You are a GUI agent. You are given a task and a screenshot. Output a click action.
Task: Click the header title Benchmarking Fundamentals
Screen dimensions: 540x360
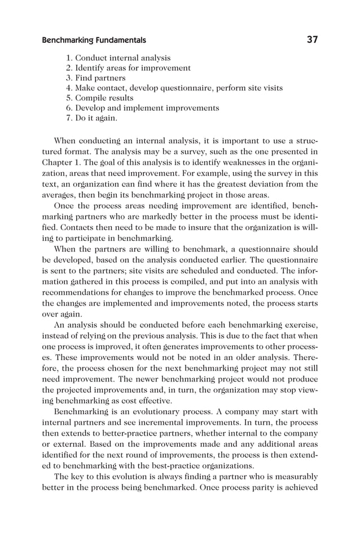(94, 40)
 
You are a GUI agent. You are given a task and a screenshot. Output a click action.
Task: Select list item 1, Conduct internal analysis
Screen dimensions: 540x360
(118, 58)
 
